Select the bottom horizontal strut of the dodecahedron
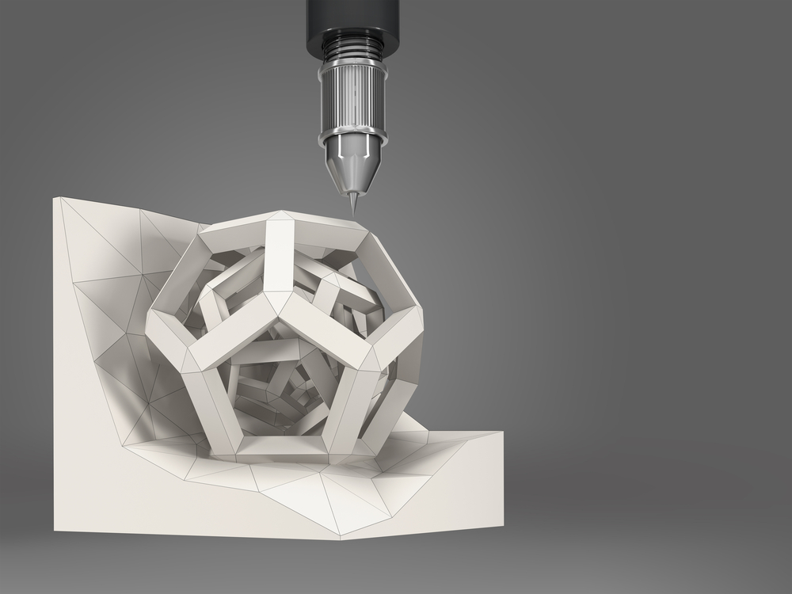tap(284, 449)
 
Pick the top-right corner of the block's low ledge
tap(503, 432)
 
